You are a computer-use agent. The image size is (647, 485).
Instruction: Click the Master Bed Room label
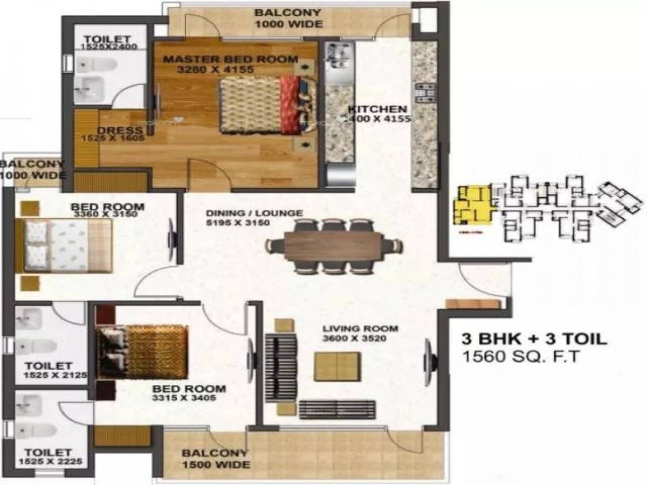(230, 59)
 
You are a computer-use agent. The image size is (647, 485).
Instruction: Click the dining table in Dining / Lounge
(333, 246)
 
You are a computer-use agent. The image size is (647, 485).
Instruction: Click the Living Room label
(360, 328)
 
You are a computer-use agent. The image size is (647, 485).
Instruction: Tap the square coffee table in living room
(338, 367)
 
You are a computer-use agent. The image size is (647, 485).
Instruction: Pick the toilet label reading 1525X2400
(109, 47)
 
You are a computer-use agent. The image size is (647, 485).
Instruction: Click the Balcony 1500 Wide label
(215, 459)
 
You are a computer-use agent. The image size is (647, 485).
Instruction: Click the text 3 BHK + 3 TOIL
(534, 339)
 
